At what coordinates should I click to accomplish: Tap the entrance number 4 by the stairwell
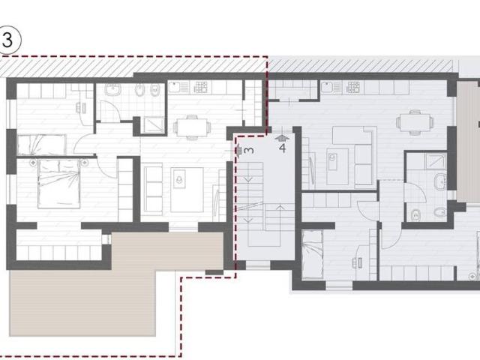(x=283, y=148)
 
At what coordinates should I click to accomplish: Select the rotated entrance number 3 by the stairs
(x=248, y=150)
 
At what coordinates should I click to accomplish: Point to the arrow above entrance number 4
(x=282, y=137)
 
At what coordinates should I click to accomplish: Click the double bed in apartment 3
(x=59, y=184)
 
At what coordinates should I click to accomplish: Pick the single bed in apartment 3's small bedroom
(x=41, y=145)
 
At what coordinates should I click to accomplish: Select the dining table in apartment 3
(x=192, y=127)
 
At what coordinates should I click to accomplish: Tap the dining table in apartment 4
(x=415, y=122)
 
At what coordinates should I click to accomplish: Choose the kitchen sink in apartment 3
(x=178, y=87)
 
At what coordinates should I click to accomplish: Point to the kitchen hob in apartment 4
(x=353, y=87)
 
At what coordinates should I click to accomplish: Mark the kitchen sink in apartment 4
(x=331, y=87)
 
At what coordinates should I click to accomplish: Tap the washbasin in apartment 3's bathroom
(x=113, y=89)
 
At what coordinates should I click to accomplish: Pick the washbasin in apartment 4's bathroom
(x=441, y=181)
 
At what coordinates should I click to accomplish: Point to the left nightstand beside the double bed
(x=33, y=163)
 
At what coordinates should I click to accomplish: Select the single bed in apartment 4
(x=312, y=255)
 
